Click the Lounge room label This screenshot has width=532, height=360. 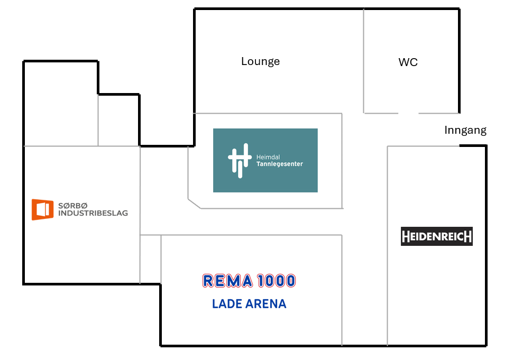tap(260, 61)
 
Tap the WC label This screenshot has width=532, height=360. tap(408, 62)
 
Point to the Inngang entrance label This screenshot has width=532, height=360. tap(465, 130)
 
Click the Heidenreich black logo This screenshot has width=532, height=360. tap(436, 236)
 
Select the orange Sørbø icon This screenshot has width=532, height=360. tap(42, 209)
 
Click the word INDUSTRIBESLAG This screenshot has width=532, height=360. tap(93, 214)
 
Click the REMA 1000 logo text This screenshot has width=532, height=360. tap(249, 281)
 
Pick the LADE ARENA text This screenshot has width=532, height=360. tap(249, 304)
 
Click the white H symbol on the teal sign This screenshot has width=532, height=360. tap(239, 160)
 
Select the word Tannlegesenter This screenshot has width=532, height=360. tap(279, 164)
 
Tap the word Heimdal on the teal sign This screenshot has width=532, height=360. tap(268, 157)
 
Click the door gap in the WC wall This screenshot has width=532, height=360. tap(408, 113)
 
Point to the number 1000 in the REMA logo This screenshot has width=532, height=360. tap(276, 281)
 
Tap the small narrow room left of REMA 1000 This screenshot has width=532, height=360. tap(150, 259)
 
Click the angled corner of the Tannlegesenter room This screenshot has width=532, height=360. tap(194, 204)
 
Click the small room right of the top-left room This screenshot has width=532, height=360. tap(118, 120)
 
